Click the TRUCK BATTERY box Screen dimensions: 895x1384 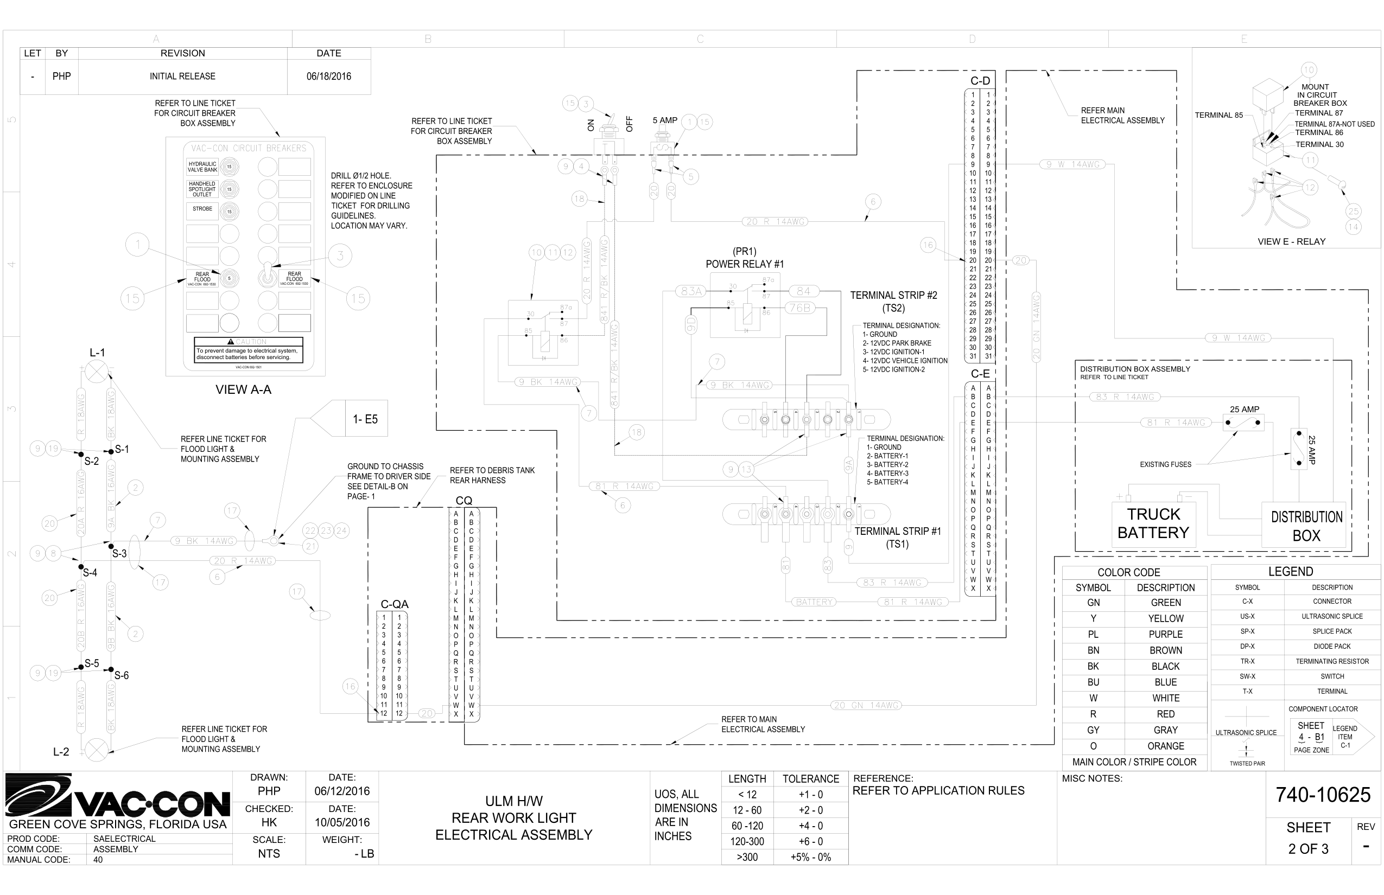pyautogui.click(x=1153, y=523)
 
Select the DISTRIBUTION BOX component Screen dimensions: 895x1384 pyautogui.click(x=1306, y=526)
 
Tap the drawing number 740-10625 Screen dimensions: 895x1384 pyautogui.click(x=1323, y=795)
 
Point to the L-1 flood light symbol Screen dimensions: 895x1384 pyautogui.click(x=97, y=372)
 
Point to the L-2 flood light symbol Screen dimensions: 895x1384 pyautogui.click(x=97, y=750)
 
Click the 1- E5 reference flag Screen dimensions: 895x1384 pyautogui.click(x=365, y=419)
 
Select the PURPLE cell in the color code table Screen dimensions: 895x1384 pyautogui.click(x=1165, y=634)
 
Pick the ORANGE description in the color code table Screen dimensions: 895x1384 pyautogui.click(x=1165, y=746)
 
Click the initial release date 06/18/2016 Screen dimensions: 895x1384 pyautogui.click(x=328, y=76)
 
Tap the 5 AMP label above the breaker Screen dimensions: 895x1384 pyautogui.click(x=665, y=120)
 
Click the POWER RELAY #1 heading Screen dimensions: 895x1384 pyautogui.click(x=744, y=264)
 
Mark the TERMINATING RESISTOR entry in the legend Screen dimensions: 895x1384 pyautogui.click(x=1332, y=661)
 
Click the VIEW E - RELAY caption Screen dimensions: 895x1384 pyautogui.click(x=1291, y=241)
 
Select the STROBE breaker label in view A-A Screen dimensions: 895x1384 pyautogui.click(x=202, y=209)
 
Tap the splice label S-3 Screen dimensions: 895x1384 pyautogui.click(x=119, y=553)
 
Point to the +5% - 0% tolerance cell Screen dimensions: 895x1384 pyautogui.click(x=811, y=857)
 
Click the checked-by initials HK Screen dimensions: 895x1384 pyautogui.click(x=269, y=822)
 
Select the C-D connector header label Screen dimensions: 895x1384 pyautogui.click(x=980, y=81)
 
